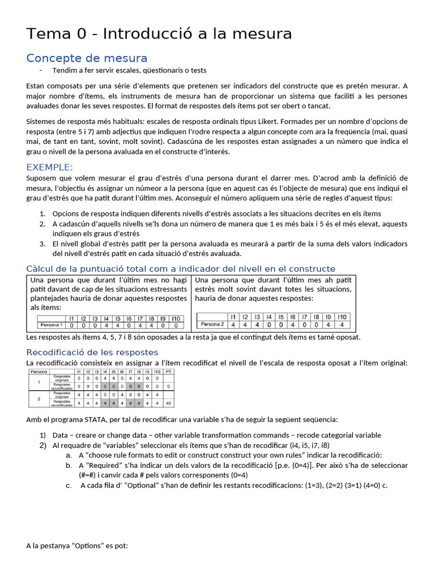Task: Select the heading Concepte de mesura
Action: [x=87, y=58]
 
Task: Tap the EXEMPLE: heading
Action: [x=50, y=167]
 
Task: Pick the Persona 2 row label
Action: [x=212, y=325]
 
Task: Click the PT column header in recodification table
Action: [x=168, y=372]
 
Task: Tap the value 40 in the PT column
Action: [x=168, y=403]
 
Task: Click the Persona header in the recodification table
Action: [x=39, y=372]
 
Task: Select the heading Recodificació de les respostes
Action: [x=92, y=352]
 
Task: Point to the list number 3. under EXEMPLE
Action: [x=42, y=244]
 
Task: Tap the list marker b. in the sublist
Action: [x=69, y=465]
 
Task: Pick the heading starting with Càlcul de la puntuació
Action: [x=181, y=269]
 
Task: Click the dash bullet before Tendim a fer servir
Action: [x=41, y=70]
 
